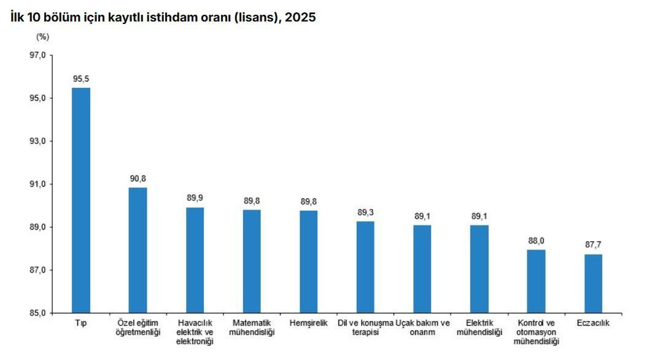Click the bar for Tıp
pyautogui.click(x=81, y=200)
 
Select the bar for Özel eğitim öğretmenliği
pyautogui.click(x=138, y=250)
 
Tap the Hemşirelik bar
pyautogui.click(x=309, y=262)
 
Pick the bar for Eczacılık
pyautogui.click(x=593, y=284)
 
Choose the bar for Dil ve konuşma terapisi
pyautogui.click(x=365, y=267)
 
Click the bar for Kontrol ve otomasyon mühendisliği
pyautogui.click(x=536, y=281)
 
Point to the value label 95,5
pyautogui.click(x=81, y=79)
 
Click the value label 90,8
pyautogui.click(x=138, y=179)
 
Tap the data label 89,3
pyautogui.click(x=365, y=213)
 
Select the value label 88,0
pyautogui.click(x=537, y=241)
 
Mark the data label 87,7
pyautogui.click(x=593, y=245)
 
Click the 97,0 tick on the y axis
pyautogui.click(x=38, y=55)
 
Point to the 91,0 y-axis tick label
pyautogui.click(x=38, y=184)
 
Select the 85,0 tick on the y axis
pyautogui.click(x=38, y=313)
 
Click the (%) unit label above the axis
pyautogui.click(x=42, y=37)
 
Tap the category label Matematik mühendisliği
pyautogui.click(x=252, y=327)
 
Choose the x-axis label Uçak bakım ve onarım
pyautogui.click(x=422, y=327)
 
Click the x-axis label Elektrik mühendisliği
pyautogui.click(x=479, y=327)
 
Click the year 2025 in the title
pyautogui.click(x=300, y=17)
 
